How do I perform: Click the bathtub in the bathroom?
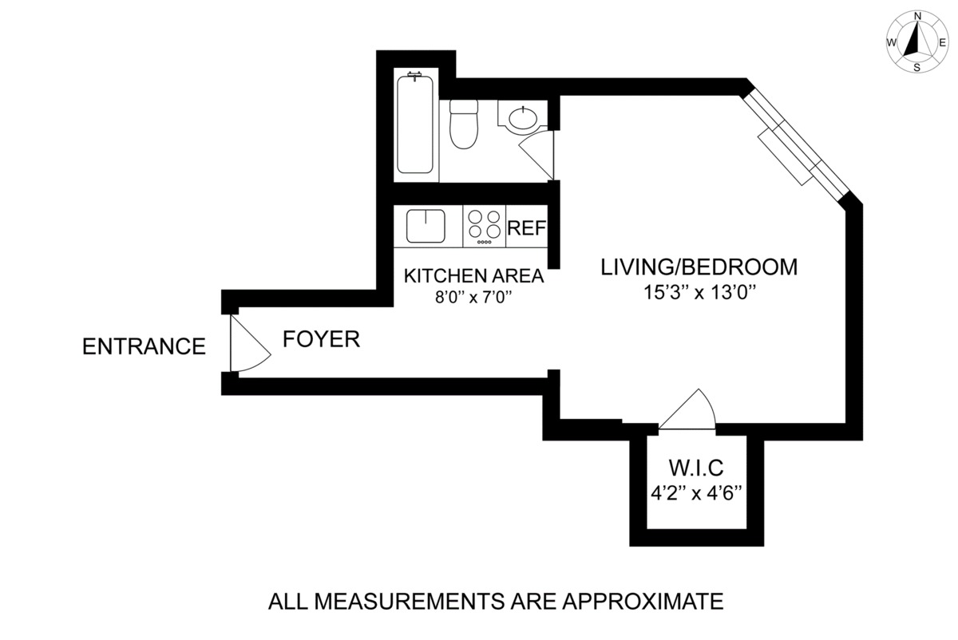414,124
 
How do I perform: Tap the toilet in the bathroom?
464,124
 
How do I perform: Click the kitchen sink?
426,226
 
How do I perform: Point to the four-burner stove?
484,226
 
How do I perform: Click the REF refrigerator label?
526,228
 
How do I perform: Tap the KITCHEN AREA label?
474,276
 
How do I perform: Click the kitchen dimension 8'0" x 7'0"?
473,297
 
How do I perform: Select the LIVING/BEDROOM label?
699,267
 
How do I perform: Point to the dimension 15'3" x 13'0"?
699,293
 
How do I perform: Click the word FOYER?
321,339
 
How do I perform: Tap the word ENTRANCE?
144,346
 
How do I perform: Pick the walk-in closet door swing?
687,409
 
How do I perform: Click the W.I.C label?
696,468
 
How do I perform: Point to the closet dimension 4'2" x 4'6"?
696,494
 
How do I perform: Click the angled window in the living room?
795,145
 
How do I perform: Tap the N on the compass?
917,16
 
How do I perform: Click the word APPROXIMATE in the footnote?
643,602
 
